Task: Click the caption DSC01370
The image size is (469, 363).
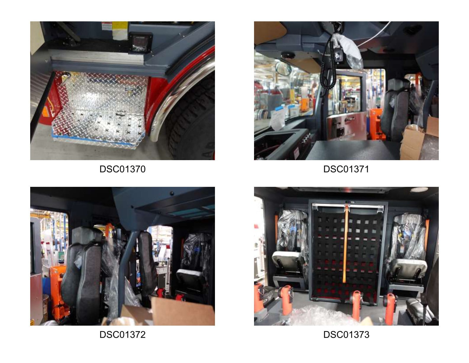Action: click(122, 169)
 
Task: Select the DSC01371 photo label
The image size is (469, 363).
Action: click(346, 169)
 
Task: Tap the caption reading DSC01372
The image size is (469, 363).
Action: click(122, 335)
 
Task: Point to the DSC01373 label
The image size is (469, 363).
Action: click(346, 335)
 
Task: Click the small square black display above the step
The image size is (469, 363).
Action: click(140, 42)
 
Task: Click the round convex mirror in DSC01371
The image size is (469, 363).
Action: click(283, 68)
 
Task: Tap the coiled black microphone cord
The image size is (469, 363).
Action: click(327, 65)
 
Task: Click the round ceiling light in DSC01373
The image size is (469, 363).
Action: click(419, 190)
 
